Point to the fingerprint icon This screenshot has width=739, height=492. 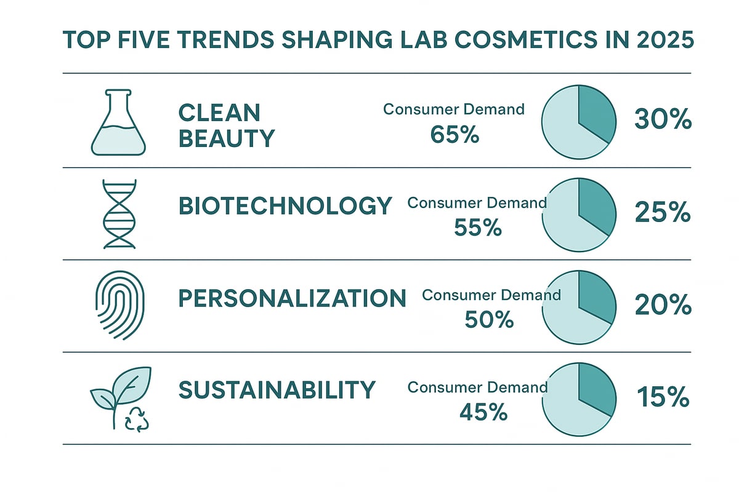click(117, 306)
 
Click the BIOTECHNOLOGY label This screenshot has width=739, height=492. click(285, 206)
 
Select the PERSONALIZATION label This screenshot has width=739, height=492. click(292, 299)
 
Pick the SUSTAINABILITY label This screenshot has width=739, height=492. click(277, 390)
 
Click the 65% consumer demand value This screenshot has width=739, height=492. click(455, 135)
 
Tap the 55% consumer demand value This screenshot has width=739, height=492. click(478, 228)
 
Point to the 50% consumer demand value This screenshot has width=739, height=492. click(490, 320)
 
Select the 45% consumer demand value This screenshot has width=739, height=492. click(483, 412)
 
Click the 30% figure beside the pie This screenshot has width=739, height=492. click(663, 121)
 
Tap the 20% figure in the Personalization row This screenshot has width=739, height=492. click(662, 304)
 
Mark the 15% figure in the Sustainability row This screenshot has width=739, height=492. click(662, 397)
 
